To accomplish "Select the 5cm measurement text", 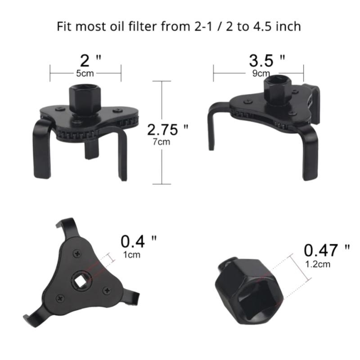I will [x=85, y=72].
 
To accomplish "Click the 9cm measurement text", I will [x=261, y=73].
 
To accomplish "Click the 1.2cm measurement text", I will [x=317, y=264].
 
